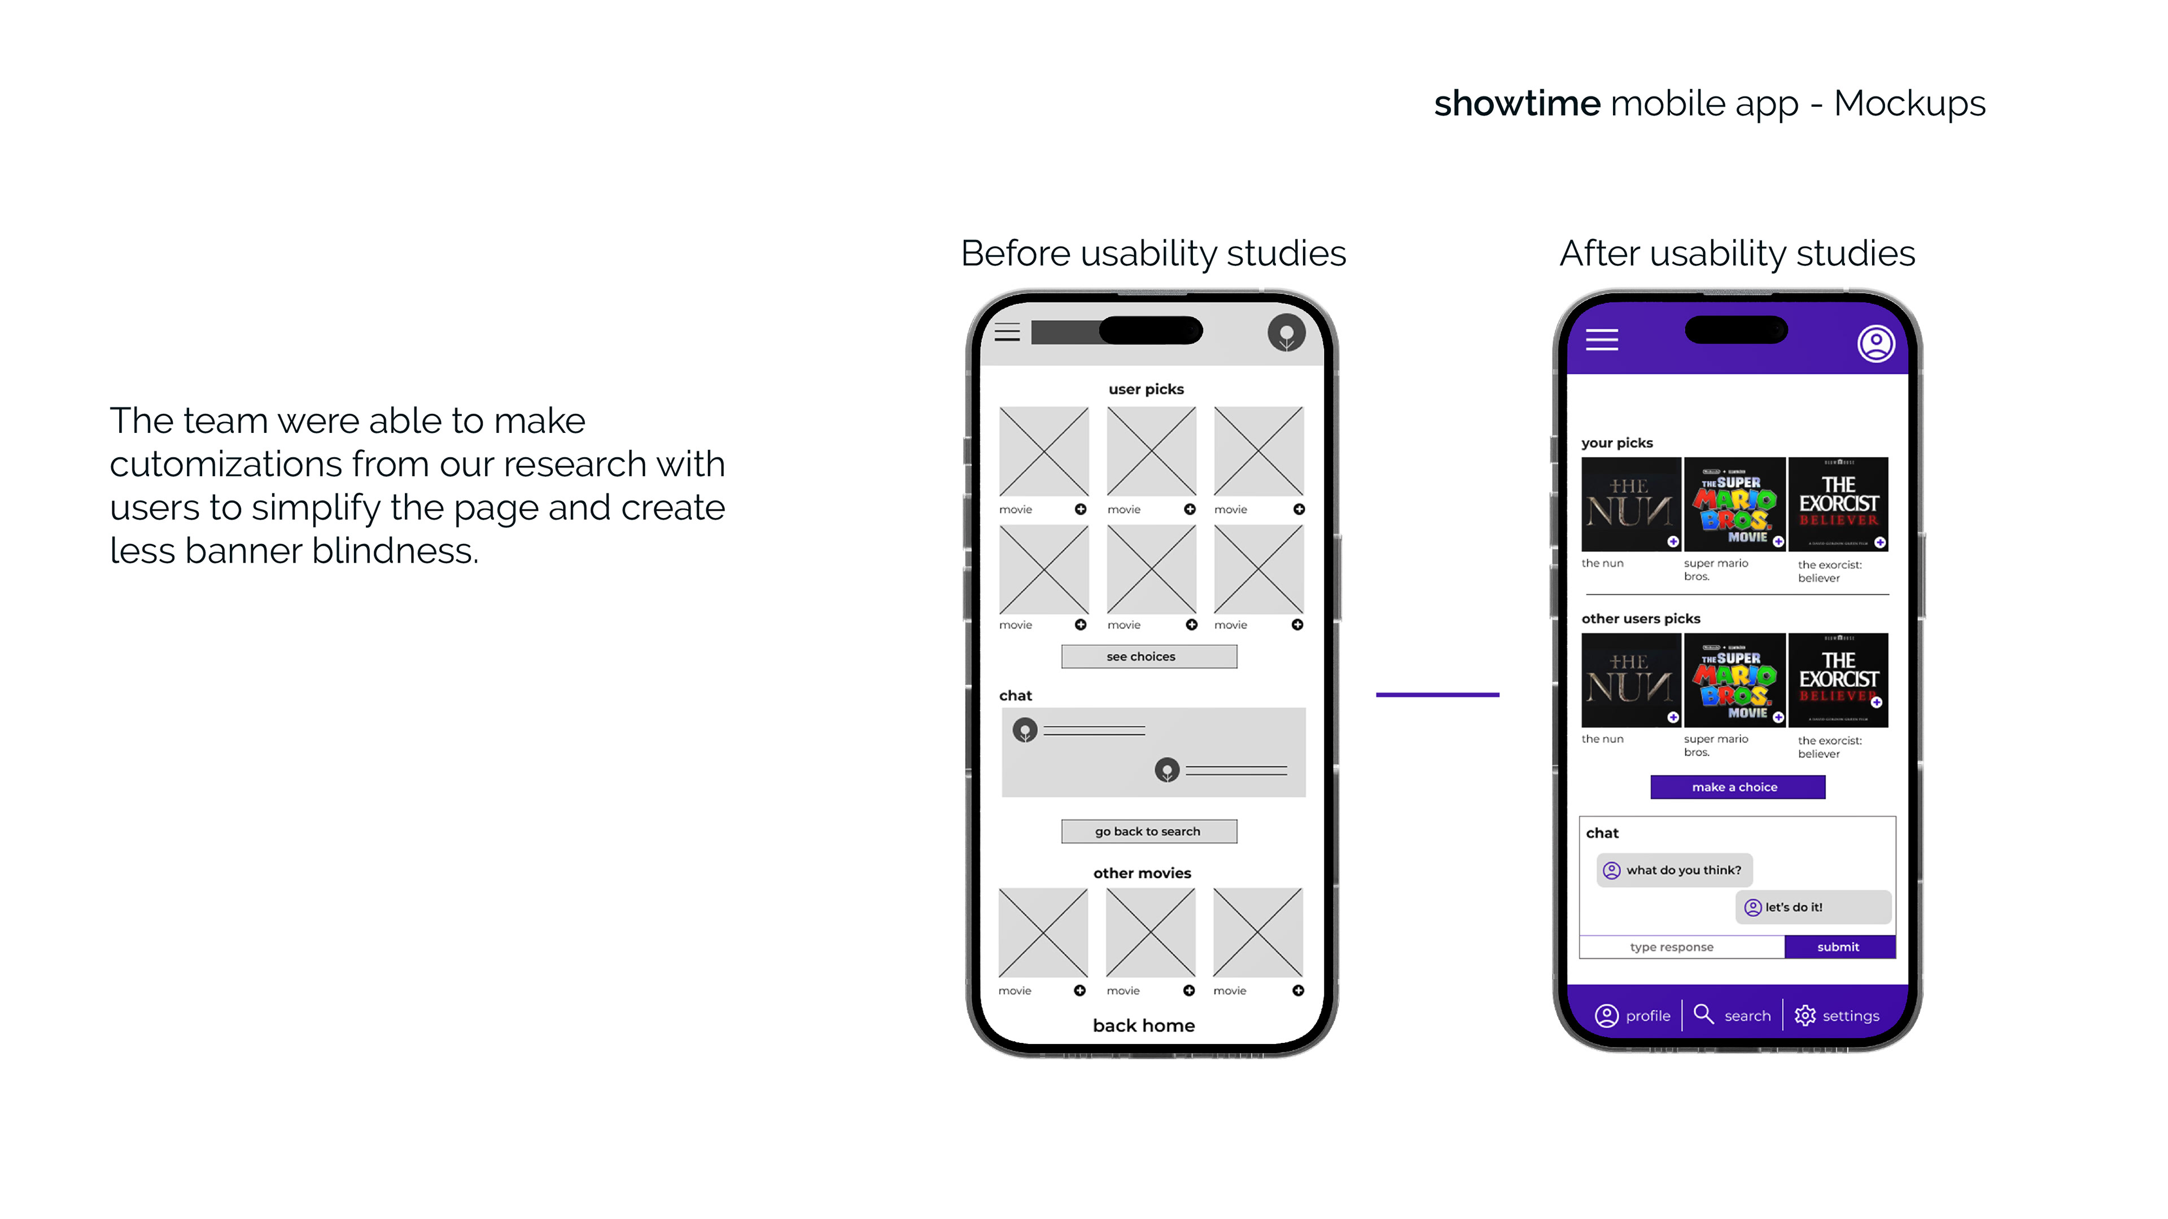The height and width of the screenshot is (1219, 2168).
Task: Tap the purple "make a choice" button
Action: pos(1737,787)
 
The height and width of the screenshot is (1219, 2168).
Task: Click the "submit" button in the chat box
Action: pos(1839,946)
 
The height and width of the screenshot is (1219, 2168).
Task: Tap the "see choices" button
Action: pos(1149,656)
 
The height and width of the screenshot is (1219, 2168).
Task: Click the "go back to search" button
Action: pos(1149,831)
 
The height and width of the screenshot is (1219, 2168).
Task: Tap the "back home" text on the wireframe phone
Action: pos(1144,1025)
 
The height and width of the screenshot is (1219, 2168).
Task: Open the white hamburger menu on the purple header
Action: pos(1602,340)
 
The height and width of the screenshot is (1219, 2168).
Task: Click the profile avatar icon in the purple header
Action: pos(1875,343)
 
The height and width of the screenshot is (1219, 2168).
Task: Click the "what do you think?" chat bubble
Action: pos(1674,870)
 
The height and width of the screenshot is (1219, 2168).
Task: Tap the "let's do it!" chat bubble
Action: pos(1812,907)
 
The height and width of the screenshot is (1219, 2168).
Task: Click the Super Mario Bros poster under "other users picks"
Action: pos(1734,679)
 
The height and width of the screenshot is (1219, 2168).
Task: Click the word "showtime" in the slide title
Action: pos(1516,103)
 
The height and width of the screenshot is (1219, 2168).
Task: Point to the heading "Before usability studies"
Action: pos(1153,253)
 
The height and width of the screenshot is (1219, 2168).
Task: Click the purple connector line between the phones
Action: pos(1437,695)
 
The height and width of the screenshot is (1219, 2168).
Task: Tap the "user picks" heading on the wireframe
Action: pos(1146,389)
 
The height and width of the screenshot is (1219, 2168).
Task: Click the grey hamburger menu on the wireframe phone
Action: pos(1007,332)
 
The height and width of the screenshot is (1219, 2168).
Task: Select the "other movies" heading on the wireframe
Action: pos(1142,873)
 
